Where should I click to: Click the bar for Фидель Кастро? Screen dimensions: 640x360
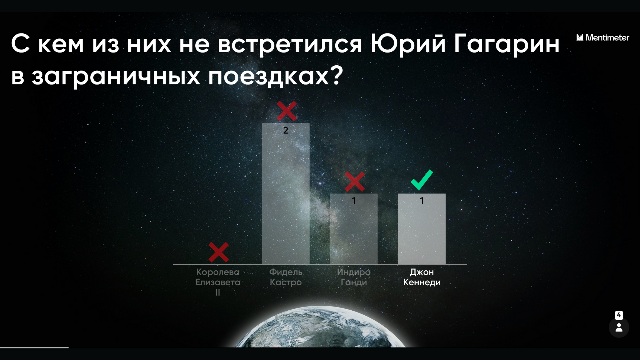point(286,194)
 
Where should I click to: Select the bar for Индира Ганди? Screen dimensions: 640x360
point(354,229)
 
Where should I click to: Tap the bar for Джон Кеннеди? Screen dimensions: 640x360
point(422,229)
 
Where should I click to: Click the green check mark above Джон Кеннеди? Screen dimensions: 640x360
point(422,180)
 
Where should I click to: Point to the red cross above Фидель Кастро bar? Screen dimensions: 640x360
point(287,111)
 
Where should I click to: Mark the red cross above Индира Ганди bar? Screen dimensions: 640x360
point(355,182)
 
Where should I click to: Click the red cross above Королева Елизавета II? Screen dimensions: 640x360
point(219,252)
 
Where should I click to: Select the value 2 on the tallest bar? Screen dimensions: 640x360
point(286,130)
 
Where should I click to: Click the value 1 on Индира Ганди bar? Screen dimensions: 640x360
point(354,201)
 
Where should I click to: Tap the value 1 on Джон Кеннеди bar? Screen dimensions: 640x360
point(422,201)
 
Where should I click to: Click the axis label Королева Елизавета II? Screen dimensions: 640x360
point(218,282)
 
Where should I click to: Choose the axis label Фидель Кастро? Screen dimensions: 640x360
point(286,277)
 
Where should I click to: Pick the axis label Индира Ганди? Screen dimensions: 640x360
point(354,277)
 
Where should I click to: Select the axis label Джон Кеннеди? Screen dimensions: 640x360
point(422,277)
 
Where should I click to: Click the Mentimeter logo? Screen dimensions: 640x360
point(603,38)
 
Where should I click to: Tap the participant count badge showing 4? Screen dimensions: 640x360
point(619,315)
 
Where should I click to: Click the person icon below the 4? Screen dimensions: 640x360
point(619,328)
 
